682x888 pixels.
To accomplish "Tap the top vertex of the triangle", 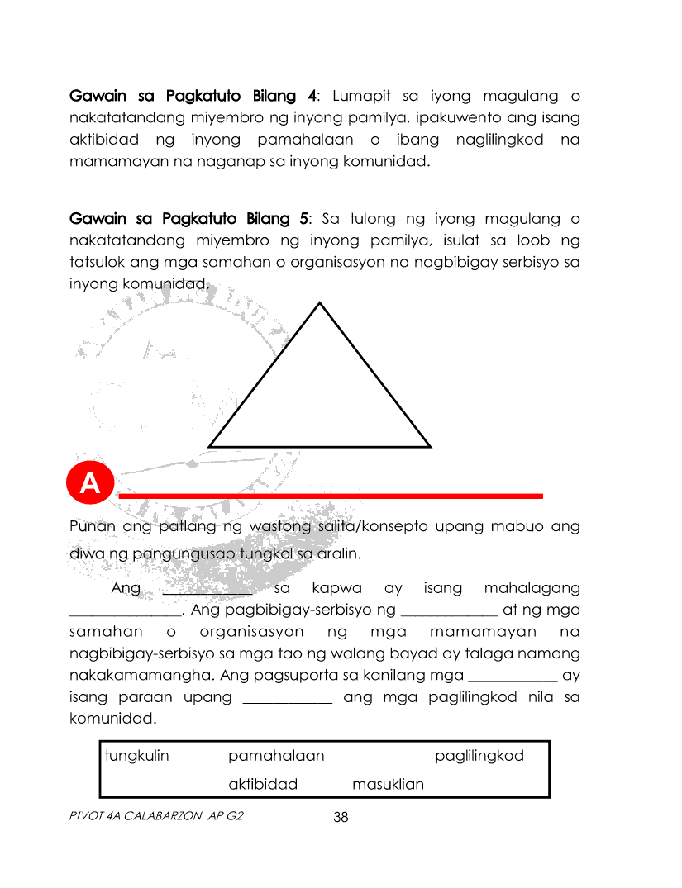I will pos(319,303).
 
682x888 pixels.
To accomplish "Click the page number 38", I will pos(341,818).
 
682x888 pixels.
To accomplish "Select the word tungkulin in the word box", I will pos(136,756).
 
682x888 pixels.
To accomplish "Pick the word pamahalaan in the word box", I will pos(276,756).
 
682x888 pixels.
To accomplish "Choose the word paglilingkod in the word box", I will pos(479,756).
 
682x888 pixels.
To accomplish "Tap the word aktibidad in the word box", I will pos(263,784).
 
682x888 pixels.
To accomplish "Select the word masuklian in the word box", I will pos(388,784).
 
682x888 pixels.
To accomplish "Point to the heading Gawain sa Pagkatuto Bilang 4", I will pos(193,96).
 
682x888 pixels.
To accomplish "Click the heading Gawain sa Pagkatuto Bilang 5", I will pos(190,219).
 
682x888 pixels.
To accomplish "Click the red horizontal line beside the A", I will pos(331,496).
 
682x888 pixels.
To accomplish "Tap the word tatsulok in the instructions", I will pos(93,262).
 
